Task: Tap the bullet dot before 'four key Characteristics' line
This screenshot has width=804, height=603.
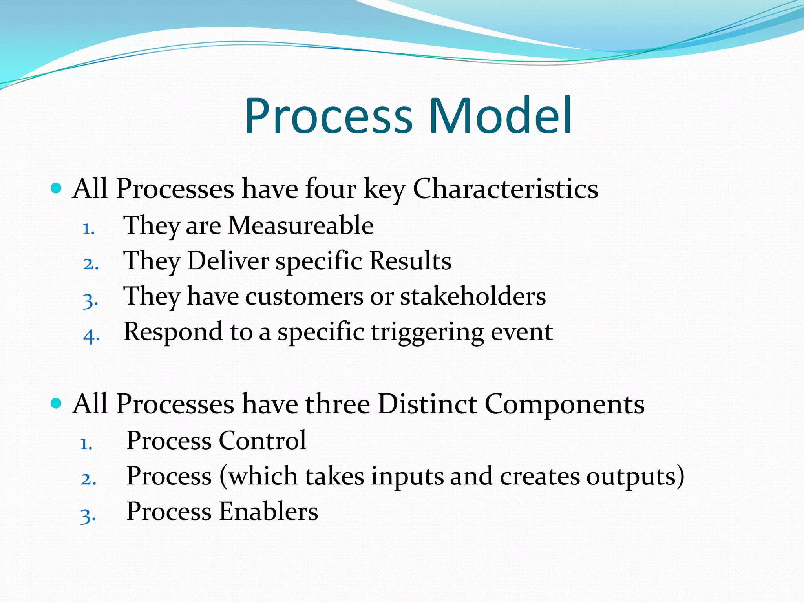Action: click(x=57, y=188)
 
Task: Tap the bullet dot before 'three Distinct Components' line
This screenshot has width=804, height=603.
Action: click(x=57, y=403)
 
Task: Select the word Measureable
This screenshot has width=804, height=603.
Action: click(x=301, y=226)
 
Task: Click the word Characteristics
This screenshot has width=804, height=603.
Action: click(x=505, y=189)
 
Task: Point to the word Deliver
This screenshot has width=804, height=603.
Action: click(x=228, y=261)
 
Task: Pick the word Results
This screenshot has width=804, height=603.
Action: click(x=410, y=261)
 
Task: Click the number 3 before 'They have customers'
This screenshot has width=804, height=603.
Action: click(x=90, y=301)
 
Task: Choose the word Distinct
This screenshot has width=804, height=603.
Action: click(x=427, y=404)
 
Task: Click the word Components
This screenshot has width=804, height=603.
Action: click(x=564, y=405)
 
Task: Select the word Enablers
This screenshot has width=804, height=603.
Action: click(x=268, y=512)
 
